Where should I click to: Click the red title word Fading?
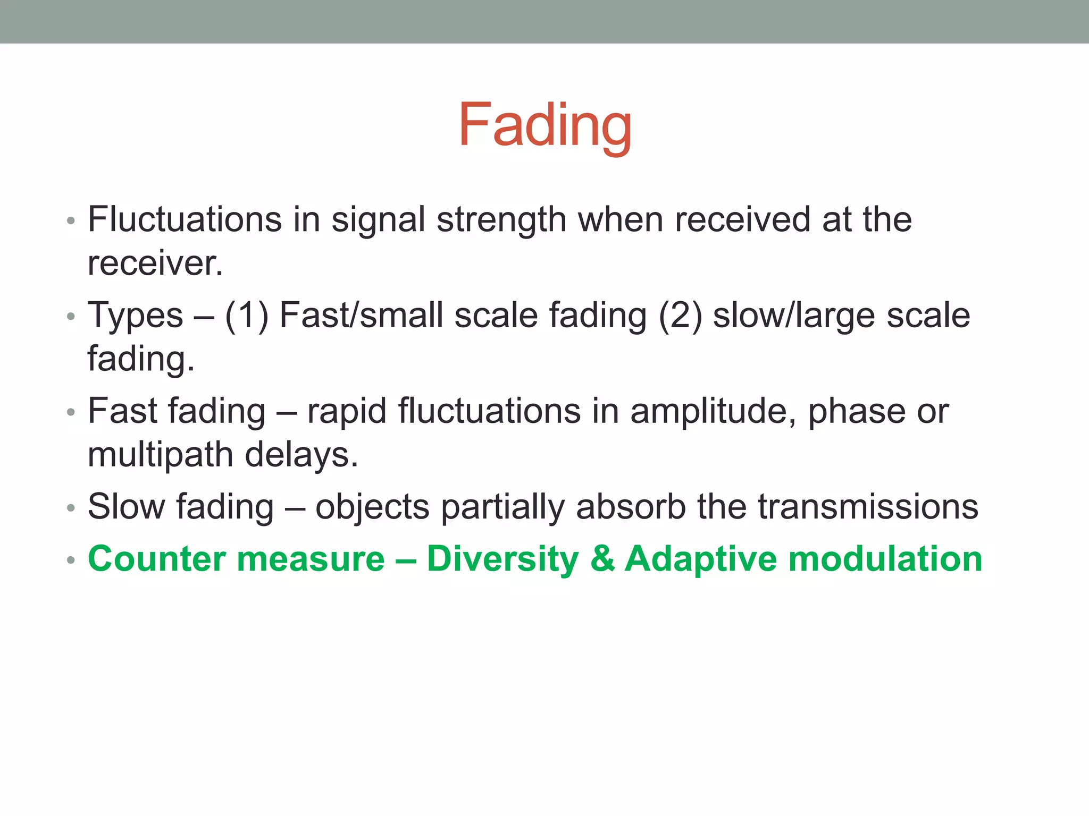[x=544, y=125]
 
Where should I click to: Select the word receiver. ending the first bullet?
[x=155, y=263]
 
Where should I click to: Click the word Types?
[x=135, y=316]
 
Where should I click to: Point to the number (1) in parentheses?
[x=247, y=316]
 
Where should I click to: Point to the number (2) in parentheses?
[x=680, y=316]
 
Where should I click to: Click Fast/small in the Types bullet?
[x=361, y=315]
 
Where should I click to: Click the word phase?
[x=856, y=412]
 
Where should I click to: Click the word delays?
[x=301, y=455]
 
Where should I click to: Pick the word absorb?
[x=631, y=507]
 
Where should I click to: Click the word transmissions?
[x=868, y=507]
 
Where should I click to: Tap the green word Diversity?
[x=502, y=559]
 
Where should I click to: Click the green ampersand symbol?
[x=602, y=559]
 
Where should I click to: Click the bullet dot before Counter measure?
[x=71, y=560]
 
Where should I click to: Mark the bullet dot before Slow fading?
[x=71, y=508]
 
